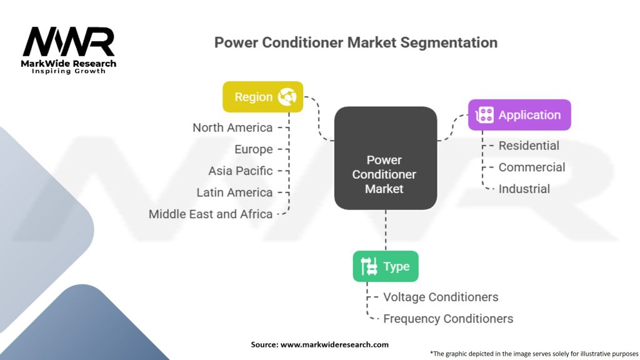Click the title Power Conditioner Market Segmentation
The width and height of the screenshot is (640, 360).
click(x=356, y=42)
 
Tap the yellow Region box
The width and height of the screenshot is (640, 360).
click(x=262, y=97)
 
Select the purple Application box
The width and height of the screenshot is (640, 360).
click(x=519, y=115)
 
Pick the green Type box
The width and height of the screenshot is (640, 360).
click(x=385, y=266)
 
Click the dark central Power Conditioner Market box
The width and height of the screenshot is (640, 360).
click(x=384, y=158)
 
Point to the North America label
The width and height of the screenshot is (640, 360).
click(x=232, y=127)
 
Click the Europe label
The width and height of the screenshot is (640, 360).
click(x=254, y=149)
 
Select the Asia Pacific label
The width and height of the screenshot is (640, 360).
click(x=241, y=171)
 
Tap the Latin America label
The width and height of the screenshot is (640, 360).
click(x=234, y=192)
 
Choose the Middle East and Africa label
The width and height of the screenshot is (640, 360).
click(x=211, y=214)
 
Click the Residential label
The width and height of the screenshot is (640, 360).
click(x=529, y=146)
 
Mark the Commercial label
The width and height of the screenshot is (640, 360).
click(x=532, y=167)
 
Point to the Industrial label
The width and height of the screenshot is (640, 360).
click(x=524, y=189)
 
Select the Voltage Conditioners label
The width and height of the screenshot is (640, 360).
click(x=441, y=297)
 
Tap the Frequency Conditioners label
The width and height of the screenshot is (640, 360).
click(x=448, y=319)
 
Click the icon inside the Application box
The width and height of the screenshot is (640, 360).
click(x=485, y=115)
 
